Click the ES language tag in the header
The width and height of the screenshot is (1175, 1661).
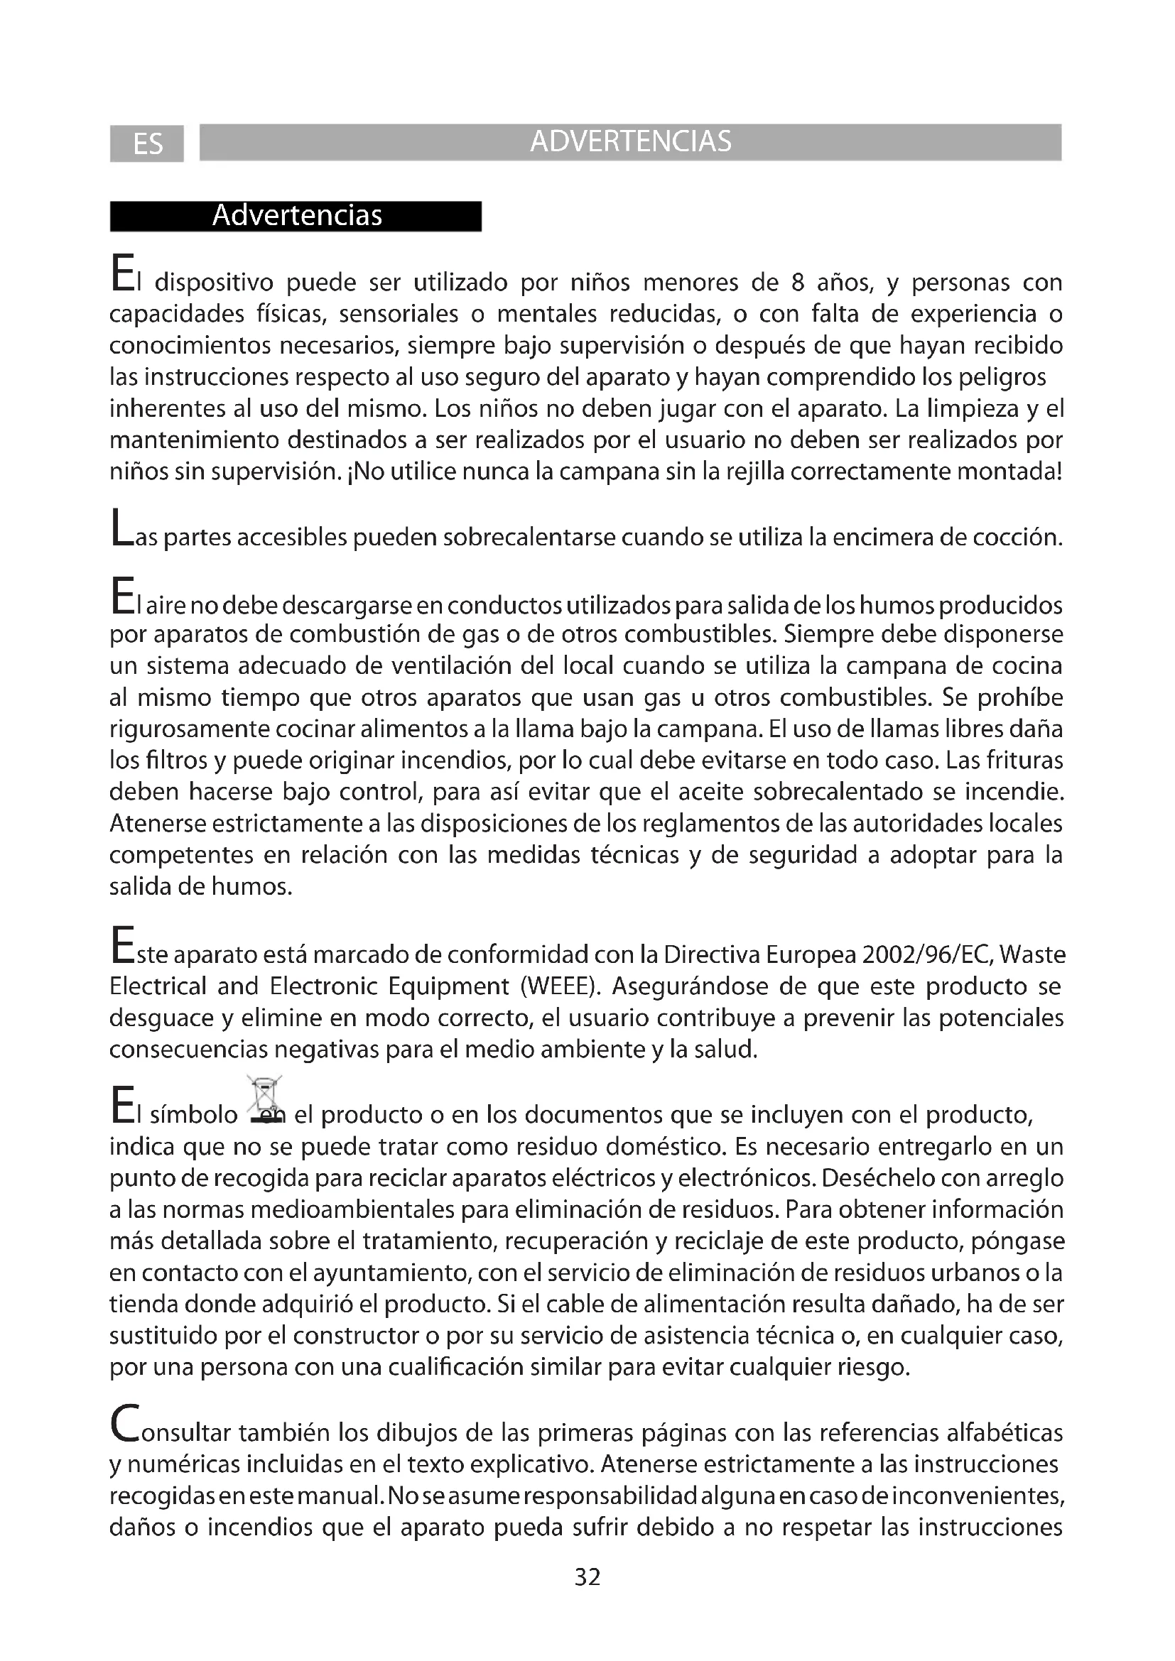(x=148, y=144)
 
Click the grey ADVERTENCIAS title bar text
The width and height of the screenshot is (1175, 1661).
(x=630, y=142)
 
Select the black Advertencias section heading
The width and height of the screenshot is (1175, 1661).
(x=297, y=216)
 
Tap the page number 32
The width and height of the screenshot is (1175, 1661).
(x=587, y=1577)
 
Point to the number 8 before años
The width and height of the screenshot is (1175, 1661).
(x=797, y=283)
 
